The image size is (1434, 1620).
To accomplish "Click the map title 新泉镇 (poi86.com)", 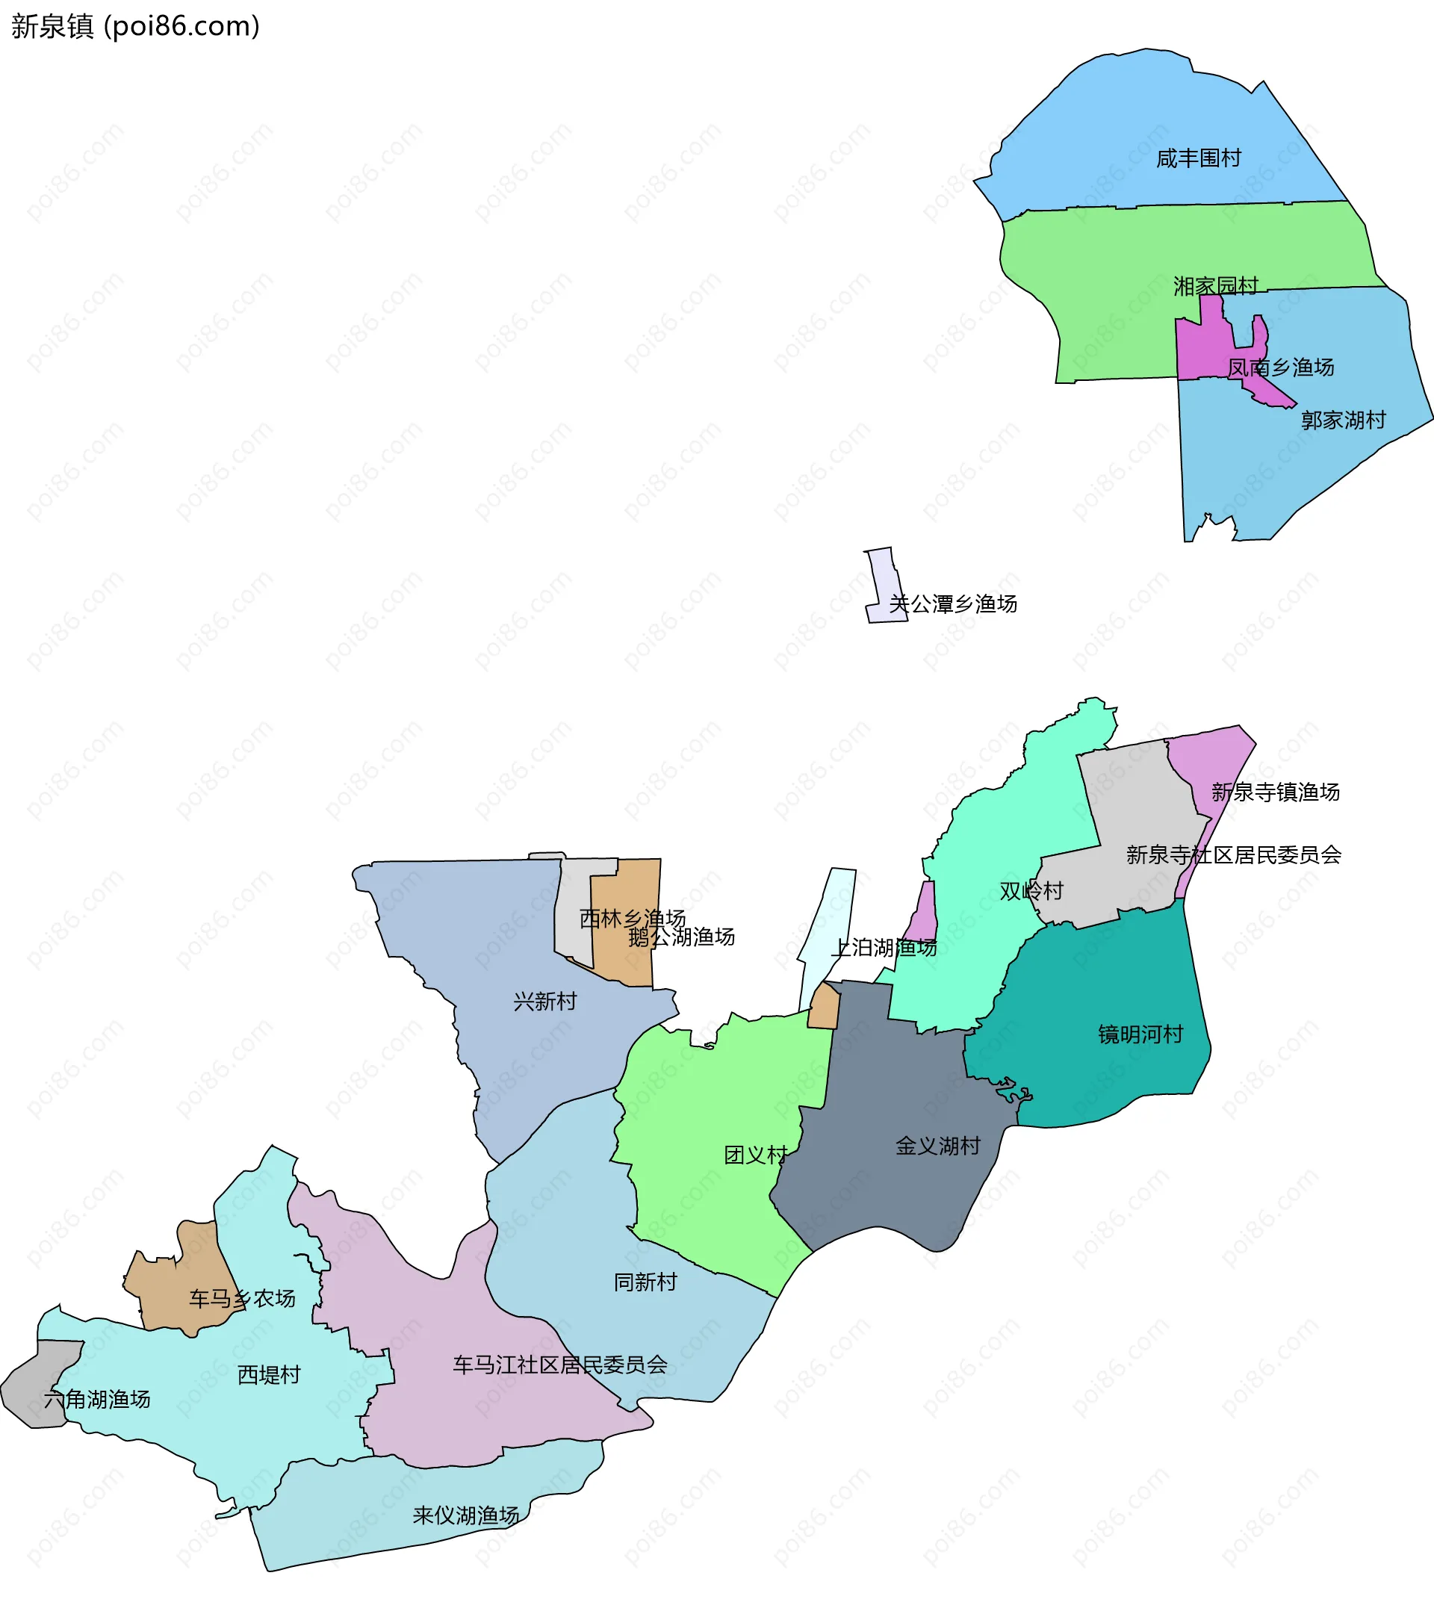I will [135, 26].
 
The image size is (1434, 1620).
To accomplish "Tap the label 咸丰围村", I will [1198, 158].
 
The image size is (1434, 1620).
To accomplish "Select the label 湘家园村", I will [1215, 285].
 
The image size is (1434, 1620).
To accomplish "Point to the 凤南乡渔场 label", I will [1280, 367].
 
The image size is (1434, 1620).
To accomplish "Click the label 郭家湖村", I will [1343, 420].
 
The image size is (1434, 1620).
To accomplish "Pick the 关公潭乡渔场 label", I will [952, 604].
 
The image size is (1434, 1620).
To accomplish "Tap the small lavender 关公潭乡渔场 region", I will [882, 579].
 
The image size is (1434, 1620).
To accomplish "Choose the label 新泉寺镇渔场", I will [1275, 792].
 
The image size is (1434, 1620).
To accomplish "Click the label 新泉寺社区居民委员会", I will [1233, 854].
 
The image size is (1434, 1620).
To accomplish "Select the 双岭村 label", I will [1031, 891].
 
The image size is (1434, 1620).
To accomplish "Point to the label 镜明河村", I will [1140, 1034].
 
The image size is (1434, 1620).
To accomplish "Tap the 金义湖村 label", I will [937, 1146].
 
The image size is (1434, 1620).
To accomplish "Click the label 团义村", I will [755, 1155].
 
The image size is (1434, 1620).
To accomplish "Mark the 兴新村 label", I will [544, 1002].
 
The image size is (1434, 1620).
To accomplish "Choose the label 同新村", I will [645, 1282].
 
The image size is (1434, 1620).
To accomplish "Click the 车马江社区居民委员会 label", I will [559, 1365].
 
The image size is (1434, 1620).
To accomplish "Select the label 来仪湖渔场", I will [465, 1515].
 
